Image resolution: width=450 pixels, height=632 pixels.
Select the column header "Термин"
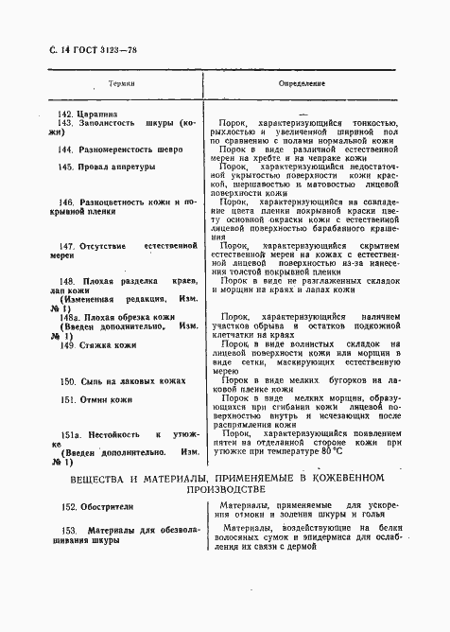point(122,84)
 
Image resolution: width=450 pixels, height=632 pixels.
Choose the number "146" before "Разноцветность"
point(67,202)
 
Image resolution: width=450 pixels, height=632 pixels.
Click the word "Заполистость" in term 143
point(111,123)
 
